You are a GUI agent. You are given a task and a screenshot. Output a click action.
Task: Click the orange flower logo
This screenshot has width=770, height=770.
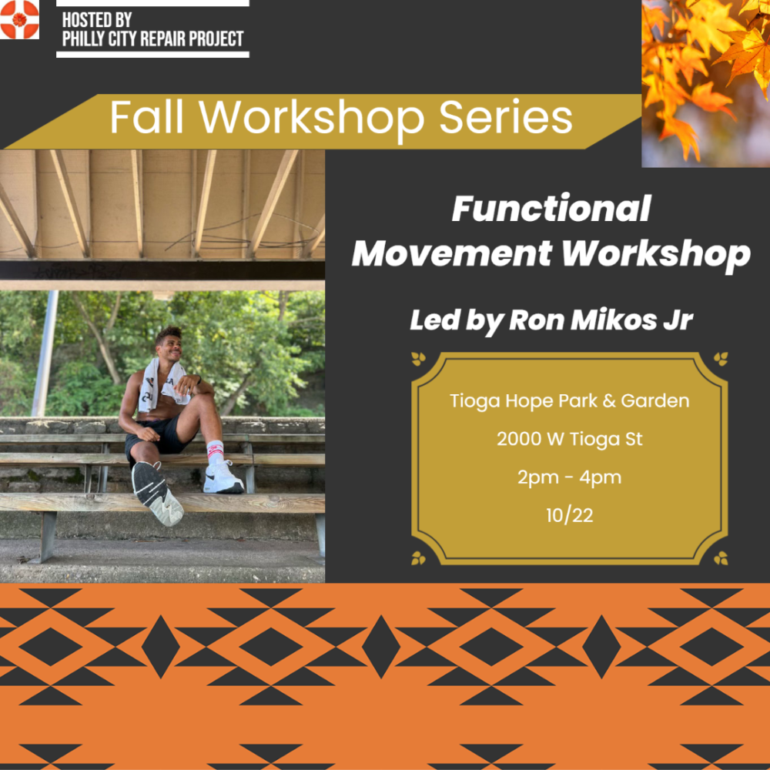[x=19, y=19]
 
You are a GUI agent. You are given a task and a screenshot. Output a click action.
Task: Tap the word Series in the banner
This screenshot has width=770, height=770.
[x=505, y=118]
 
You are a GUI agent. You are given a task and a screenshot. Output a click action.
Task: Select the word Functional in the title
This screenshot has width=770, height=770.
[x=551, y=209]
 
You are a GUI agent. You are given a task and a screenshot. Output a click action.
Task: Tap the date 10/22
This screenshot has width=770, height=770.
[x=569, y=515]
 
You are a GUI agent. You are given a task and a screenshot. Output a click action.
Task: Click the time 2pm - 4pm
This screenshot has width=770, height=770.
[x=569, y=477]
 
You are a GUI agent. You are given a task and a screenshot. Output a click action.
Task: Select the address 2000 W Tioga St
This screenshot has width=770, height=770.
[x=569, y=439]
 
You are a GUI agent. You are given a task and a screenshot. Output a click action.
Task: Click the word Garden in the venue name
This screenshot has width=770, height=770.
[x=655, y=400]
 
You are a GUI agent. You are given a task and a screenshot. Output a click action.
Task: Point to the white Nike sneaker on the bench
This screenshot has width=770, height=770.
[x=223, y=478]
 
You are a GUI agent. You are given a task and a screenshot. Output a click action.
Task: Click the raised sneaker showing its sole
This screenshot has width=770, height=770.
[x=156, y=493]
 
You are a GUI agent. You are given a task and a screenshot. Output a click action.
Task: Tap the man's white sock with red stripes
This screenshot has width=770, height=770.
[x=215, y=450]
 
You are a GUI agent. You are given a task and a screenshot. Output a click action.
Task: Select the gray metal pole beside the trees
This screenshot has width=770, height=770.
[x=44, y=353]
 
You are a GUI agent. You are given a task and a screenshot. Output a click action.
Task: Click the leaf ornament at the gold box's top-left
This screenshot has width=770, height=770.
[x=418, y=359]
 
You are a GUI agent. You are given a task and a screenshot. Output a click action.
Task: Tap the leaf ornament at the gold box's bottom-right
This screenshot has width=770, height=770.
[x=721, y=558]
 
